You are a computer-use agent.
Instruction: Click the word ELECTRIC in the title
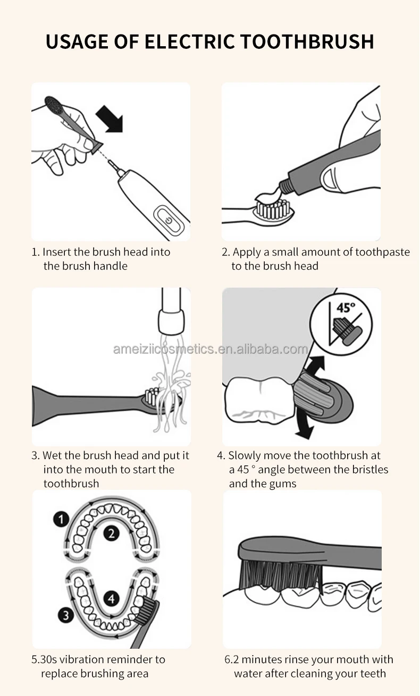[x=189, y=41]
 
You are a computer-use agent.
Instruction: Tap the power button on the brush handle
[x=169, y=220]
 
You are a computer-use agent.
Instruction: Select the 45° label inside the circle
[x=346, y=308]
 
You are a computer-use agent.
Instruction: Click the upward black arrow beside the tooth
[x=315, y=366]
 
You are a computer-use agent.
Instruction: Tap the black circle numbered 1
[x=61, y=519]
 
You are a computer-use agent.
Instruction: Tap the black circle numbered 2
[x=111, y=534]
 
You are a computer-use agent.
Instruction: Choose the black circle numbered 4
[x=111, y=599]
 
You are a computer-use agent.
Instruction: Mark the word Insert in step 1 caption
[x=56, y=252]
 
